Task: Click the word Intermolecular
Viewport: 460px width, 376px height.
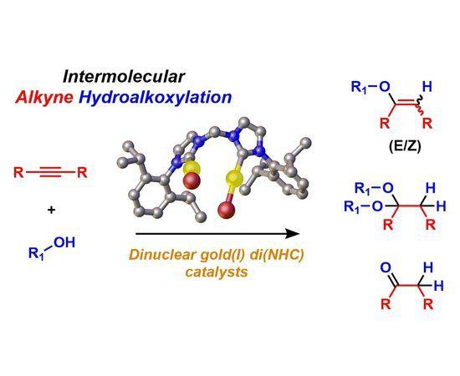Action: point(124,77)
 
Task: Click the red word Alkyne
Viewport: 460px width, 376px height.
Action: point(44,97)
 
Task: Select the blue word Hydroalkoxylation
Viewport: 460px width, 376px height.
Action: point(156,97)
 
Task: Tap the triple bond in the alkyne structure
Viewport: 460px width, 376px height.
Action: point(52,172)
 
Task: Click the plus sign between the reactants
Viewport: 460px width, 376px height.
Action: point(51,210)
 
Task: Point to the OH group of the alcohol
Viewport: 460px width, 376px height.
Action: point(64,242)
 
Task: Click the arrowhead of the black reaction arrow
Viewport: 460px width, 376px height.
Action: point(293,234)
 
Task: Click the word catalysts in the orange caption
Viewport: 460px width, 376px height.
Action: point(217,272)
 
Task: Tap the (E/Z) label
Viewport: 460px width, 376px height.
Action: point(405,146)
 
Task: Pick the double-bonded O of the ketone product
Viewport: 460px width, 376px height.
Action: point(386,267)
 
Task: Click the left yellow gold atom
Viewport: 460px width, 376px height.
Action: point(192,168)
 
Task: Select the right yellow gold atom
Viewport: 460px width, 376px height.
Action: point(234,178)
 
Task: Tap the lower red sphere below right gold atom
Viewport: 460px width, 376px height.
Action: point(227,210)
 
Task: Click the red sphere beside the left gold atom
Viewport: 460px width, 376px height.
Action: point(192,180)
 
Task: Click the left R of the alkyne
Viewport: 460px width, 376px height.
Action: point(18,172)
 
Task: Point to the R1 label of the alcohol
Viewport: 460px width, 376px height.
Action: point(36,253)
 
